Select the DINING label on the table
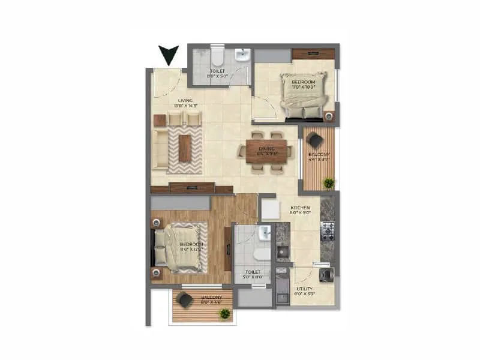[x=266, y=148]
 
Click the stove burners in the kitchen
[x=328, y=229]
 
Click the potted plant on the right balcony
[x=328, y=182]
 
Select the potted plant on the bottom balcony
[x=224, y=313]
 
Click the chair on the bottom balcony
[x=186, y=301]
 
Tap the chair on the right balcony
[x=314, y=140]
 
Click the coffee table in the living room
[x=185, y=148]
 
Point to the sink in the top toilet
[x=242, y=56]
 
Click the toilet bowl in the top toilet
[x=217, y=58]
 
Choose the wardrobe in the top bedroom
[x=313, y=54]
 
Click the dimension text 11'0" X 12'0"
[x=191, y=251]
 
